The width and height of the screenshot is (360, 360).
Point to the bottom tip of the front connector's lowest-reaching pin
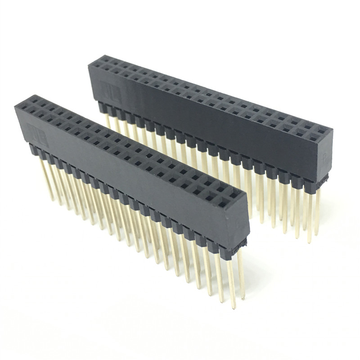pos(234,307)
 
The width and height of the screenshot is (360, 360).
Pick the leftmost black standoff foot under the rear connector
pos(102,105)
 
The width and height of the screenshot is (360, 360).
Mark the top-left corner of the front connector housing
pos(15,105)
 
